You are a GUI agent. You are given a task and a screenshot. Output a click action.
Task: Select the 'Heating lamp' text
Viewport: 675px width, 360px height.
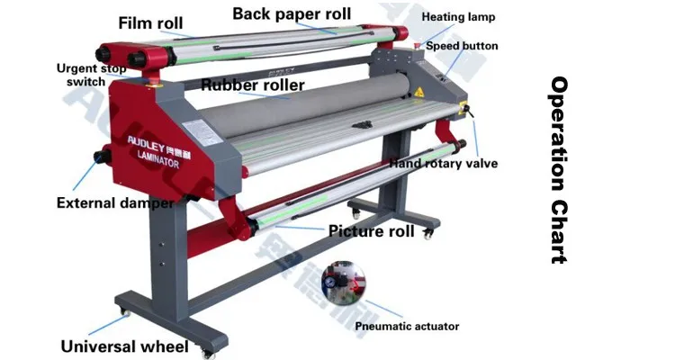coord(458,17)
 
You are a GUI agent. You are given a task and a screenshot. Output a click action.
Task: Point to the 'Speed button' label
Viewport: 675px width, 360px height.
coord(462,46)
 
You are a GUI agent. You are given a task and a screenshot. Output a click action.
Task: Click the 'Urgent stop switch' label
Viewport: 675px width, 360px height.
coord(91,75)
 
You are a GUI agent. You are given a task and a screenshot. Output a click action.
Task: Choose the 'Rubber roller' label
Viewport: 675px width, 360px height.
coord(252,85)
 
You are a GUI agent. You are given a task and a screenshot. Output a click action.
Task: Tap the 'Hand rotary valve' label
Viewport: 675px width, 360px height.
coord(443,164)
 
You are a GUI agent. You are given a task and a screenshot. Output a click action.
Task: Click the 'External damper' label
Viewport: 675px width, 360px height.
coord(115,202)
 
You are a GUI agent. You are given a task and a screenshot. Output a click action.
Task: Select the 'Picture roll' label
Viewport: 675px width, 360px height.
coord(371,231)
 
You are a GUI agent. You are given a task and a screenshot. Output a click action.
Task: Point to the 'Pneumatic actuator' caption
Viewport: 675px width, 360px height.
coord(407,326)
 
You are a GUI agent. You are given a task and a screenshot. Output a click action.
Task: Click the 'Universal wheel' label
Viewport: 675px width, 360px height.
coord(124,346)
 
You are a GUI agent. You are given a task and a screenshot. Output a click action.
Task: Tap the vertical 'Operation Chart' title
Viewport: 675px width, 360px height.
coord(559,170)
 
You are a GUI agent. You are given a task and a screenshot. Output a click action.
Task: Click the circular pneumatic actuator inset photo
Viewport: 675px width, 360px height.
coord(344,281)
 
